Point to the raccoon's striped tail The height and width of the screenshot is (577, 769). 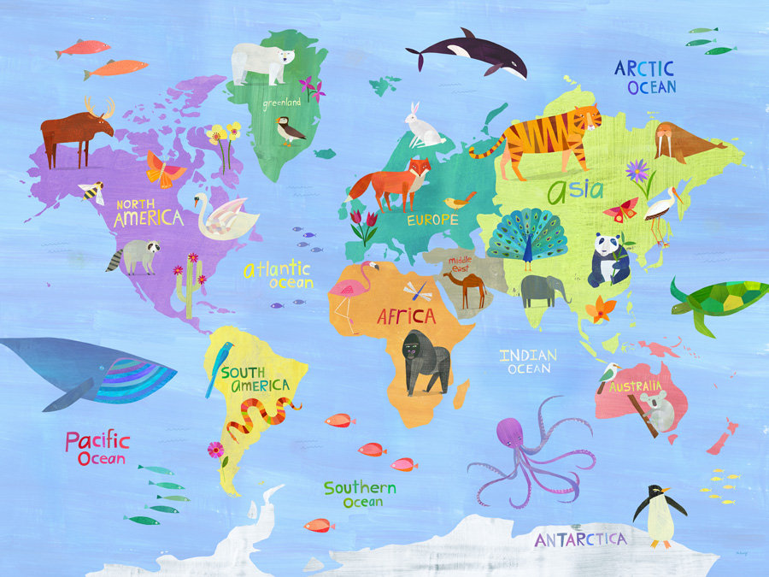click(114, 262)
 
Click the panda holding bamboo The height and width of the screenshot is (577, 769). click(608, 260)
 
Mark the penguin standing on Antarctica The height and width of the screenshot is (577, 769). click(659, 514)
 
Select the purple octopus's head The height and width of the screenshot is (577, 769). click(511, 433)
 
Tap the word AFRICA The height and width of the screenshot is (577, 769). click(407, 316)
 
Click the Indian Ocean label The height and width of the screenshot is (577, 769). click(528, 362)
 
